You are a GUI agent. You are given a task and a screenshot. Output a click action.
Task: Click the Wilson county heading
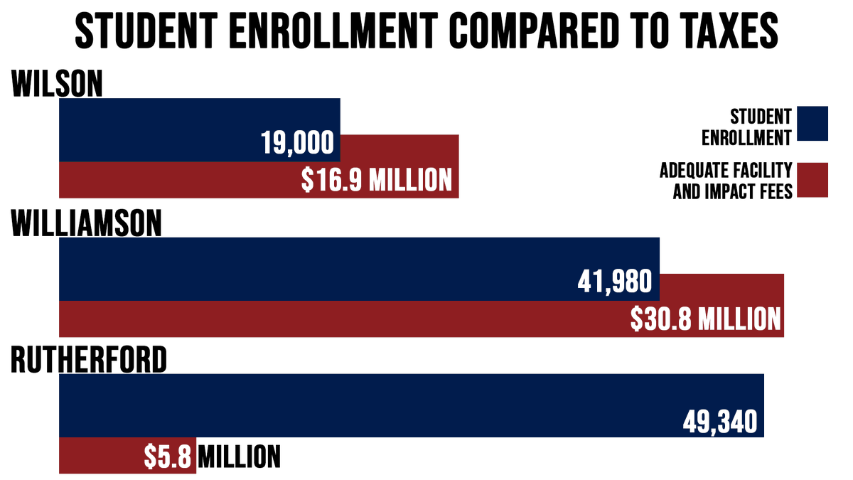point(57,84)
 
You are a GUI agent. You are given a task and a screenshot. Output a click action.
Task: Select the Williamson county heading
point(87,223)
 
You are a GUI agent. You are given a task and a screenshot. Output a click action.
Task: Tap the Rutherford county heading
point(89,360)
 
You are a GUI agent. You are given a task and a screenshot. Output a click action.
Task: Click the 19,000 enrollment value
point(297,144)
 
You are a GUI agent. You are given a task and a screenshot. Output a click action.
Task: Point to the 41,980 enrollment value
point(615,282)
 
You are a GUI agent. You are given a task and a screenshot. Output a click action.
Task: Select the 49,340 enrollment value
point(720,421)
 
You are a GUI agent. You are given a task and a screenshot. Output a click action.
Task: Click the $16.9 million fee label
point(377,180)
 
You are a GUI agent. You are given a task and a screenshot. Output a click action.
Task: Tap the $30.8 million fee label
point(706,319)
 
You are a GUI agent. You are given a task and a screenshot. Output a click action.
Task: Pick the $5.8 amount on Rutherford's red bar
point(168,457)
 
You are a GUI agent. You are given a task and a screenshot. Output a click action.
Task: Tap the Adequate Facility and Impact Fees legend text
point(726,181)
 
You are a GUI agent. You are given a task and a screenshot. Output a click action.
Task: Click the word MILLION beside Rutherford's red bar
point(239,457)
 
